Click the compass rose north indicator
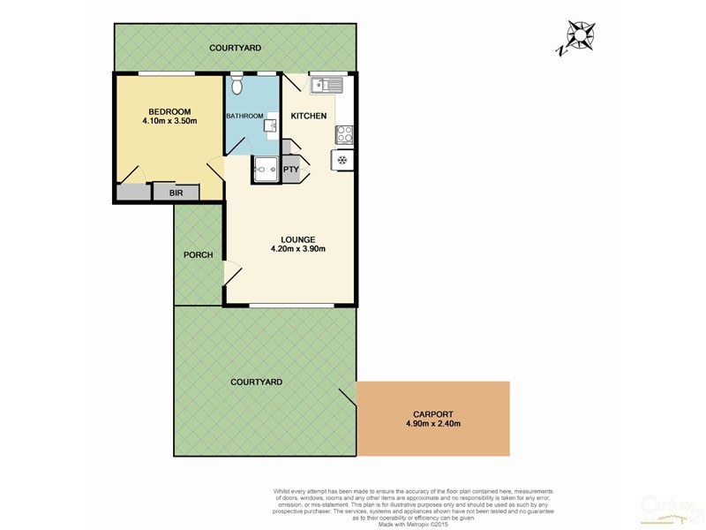click(581, 35)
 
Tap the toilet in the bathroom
click(236, 86)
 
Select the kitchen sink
click(327, 85)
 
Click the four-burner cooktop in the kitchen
click(344, 134)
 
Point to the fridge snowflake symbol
click(342, 160)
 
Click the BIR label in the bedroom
click(163, 192)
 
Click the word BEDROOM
click(169, 110)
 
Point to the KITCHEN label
click(309, 116)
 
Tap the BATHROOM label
click(244, 116)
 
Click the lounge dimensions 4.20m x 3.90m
click(298, 248)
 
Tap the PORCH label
click(198, 255)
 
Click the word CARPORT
click(432, 413)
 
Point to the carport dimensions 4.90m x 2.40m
click(432, 424)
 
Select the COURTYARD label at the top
click(234, 47)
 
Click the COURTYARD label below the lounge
click(255, 382)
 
